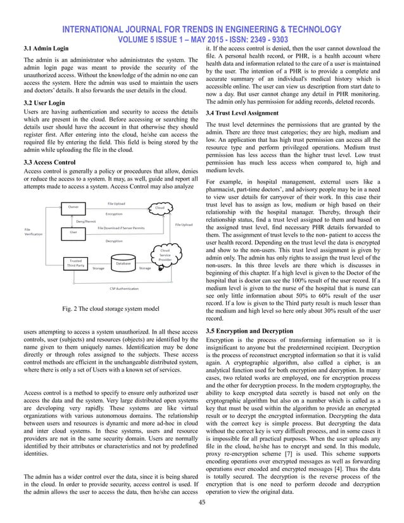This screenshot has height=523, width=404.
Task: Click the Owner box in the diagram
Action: click(x=74, y=206)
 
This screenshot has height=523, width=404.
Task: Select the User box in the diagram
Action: click(x=74, y=233)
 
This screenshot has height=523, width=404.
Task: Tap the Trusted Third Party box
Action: click(x=75, y=263)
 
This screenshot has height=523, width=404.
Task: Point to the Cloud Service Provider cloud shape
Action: click(x=165, y=255)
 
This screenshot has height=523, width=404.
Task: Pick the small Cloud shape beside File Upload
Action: click(x=160, y=207)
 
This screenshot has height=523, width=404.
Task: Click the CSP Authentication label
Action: click(x=124, y=288)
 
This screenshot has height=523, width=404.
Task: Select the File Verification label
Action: click(x=33, y=232)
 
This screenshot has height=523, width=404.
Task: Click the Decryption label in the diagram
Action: click(x=114, y=241)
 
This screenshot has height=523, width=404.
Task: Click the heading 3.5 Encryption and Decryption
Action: click(x=258, y=331)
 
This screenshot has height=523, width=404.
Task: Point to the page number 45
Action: click(x=202, y=503)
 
